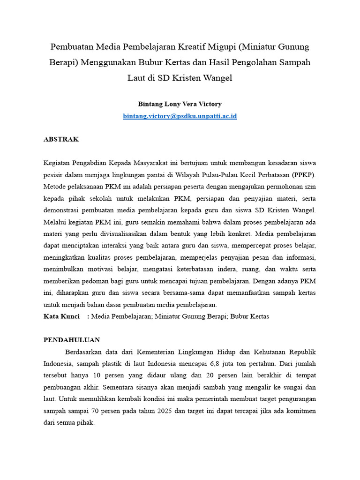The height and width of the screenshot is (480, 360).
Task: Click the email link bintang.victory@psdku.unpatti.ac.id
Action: pyautogui.click(x=180, y=116)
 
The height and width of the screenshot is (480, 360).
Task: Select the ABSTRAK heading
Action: pyautogui.click(x=61, y=139)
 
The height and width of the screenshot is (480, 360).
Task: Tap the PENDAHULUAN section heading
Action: pyautogui.click(x=71, y=340)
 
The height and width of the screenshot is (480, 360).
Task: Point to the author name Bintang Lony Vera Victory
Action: pyautogui.click(x=180, y=104)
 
